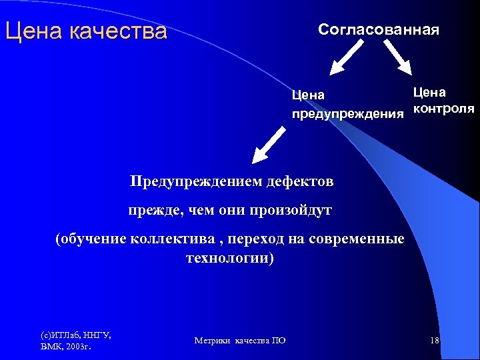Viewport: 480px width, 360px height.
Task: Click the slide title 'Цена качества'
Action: [x=85, y=31]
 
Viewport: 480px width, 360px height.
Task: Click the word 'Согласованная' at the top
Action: [x=378, y=30]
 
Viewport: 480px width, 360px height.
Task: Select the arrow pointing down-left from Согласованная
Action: [x=347, y=56]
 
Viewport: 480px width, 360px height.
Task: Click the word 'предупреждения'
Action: [x=347, y=114]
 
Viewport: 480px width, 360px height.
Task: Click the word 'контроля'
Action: [x=443, y=109]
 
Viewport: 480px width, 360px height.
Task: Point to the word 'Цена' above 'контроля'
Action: [x=429, y=92]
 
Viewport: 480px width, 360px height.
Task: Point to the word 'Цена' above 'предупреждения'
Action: [x=308, y=95]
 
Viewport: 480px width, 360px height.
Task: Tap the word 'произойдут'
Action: [x=290, y=211]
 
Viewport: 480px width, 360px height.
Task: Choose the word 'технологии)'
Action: [x=229, y=258]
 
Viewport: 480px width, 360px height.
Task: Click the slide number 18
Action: [x=435, y=341]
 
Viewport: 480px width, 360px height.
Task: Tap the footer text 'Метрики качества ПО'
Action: [x=240, y=341]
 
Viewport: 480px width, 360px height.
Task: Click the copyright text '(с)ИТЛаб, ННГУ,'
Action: [x=76, y=335]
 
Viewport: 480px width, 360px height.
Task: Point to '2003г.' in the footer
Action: [x=79, y=347]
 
